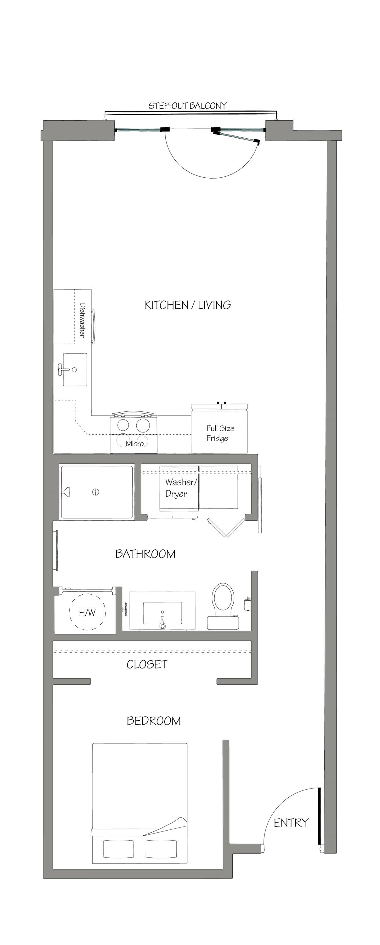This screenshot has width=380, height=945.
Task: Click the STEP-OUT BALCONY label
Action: (x=187, y=106)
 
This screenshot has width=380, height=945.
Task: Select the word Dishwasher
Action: (x=82, y=320)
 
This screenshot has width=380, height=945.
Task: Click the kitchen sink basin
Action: (x=75, y=369)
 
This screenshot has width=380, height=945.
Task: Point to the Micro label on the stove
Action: (x=135, y=444)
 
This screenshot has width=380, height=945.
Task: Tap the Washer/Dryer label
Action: (x=180, y=488)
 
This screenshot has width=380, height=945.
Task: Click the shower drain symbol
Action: (x=95, y=492)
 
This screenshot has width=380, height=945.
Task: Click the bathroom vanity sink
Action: (x=162, y=613)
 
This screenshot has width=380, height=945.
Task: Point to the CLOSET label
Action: (x=147, y=664)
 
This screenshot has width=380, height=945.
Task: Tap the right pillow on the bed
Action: (x=161, y=849)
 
